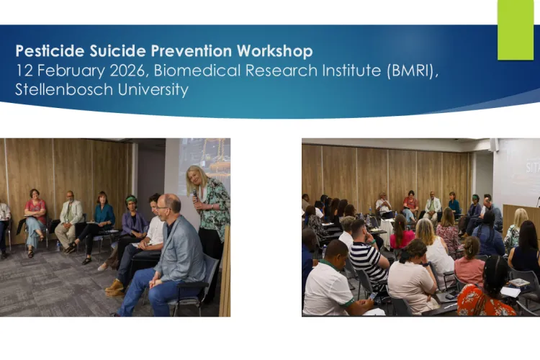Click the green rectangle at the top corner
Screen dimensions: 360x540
516,29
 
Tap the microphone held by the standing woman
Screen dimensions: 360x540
194,194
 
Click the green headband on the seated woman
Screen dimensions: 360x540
131,199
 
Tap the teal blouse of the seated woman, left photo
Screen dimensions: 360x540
104,214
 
